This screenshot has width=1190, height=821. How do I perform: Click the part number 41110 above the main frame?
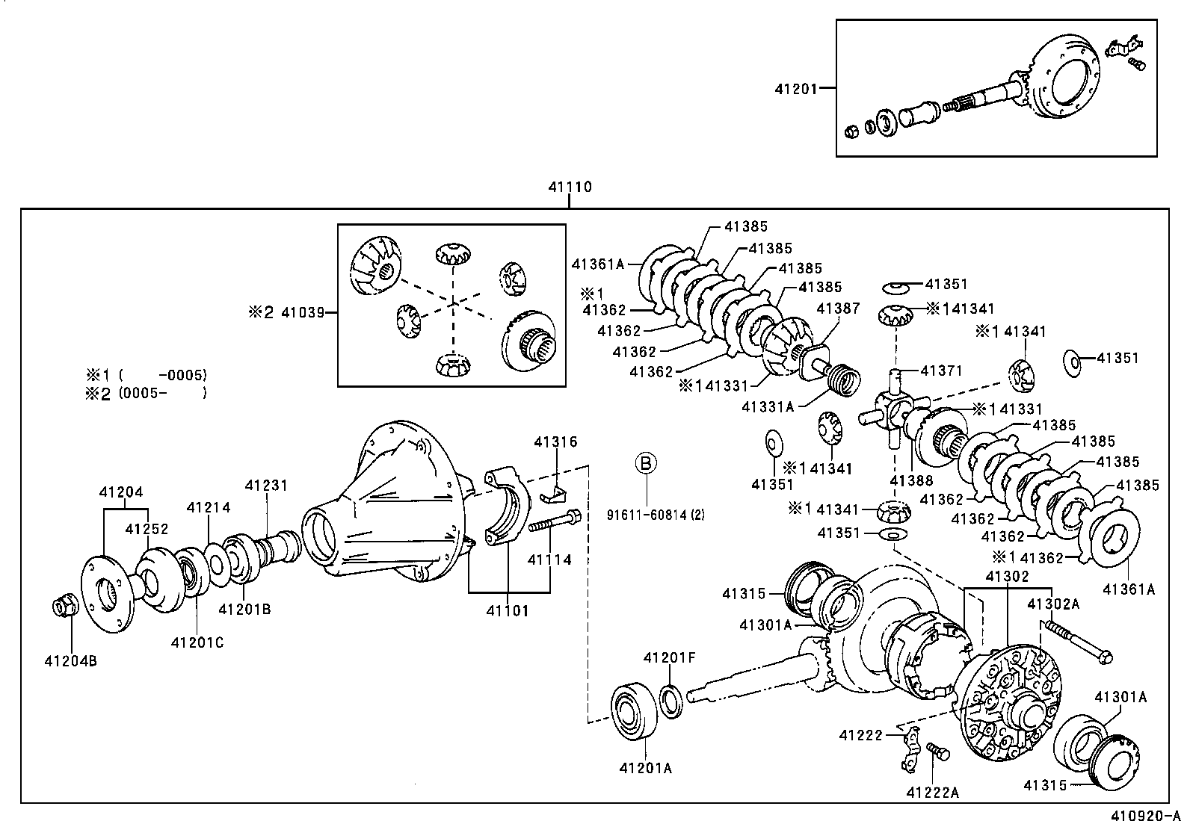pos(570,187)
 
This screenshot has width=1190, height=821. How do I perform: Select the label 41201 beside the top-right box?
pos(795,88)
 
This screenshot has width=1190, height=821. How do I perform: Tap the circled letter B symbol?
pos(646,463)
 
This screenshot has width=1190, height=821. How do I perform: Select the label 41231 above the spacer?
pos(265,486)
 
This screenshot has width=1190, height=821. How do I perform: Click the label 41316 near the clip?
pos(555,442)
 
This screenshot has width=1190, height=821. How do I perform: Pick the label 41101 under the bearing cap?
pos(507,610)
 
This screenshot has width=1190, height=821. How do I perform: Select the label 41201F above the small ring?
pos(669,657)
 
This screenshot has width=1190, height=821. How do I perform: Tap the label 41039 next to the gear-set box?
pos(302,312)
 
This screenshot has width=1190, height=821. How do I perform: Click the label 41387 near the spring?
pos(837,308)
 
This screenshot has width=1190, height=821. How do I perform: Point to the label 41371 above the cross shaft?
pos(941,371)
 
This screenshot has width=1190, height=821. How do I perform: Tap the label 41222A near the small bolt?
pos(932,793)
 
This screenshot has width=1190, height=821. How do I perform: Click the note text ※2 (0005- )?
pos(147,393)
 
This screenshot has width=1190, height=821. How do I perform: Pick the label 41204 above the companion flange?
pos(120,492)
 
